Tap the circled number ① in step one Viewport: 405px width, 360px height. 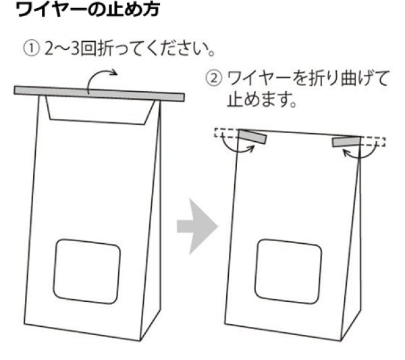(32, 51)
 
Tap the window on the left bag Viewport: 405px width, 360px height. (87, 271)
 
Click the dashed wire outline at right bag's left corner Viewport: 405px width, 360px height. (223, 132)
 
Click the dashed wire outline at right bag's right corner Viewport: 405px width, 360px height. (376, 143)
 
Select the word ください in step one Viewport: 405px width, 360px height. (177, 51)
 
